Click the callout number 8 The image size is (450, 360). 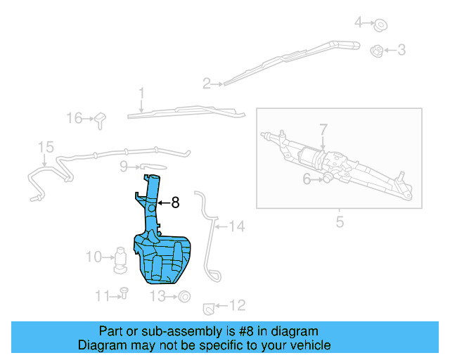(x=175, y=202)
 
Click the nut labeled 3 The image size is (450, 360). (x=376, y=50)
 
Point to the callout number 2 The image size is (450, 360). (x=207, y=84)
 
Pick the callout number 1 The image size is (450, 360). (x=141, y=93)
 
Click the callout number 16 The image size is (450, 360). (x=75, y=118)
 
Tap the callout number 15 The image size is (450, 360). (x=46, y=147)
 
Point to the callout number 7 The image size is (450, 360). (x=323, y=129)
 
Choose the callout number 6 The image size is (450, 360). (x=307, y=179)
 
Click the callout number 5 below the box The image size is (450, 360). (x=340, y=223)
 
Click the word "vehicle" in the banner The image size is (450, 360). (x=307, y=345)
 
